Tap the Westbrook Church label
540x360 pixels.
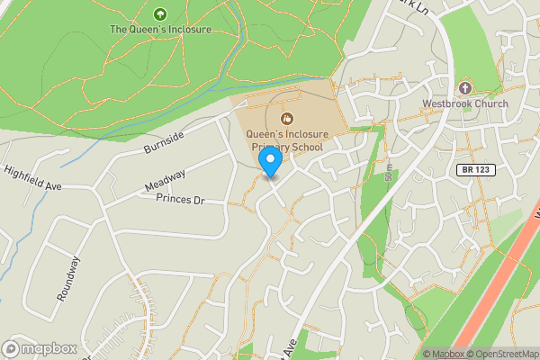[x=465, y=103]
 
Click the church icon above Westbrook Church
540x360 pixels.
[x=465, y=88]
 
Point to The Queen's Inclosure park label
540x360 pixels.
[x=160, y=29]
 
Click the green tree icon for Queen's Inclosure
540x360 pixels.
[x=160, y=13]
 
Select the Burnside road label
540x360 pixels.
[x=163, y=142]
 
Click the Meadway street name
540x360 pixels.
[x=165, y=181]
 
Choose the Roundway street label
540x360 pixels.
[x=68, y=278]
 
